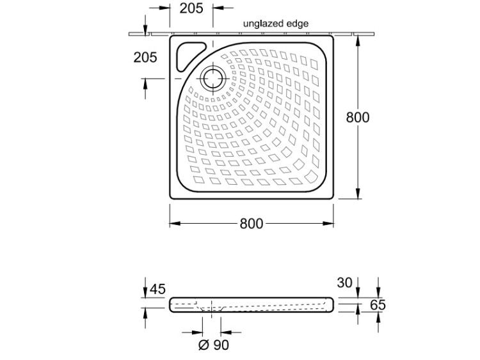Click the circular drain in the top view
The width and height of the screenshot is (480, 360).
212,78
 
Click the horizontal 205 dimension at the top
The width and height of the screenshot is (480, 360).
191,8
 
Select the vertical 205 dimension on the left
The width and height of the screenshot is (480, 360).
145,57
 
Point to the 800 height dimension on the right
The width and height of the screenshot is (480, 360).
358,117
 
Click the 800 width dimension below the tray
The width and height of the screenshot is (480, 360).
252,224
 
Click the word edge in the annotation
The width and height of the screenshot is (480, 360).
297,24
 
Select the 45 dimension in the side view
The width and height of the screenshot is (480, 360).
157,289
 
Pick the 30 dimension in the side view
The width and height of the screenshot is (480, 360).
345,283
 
